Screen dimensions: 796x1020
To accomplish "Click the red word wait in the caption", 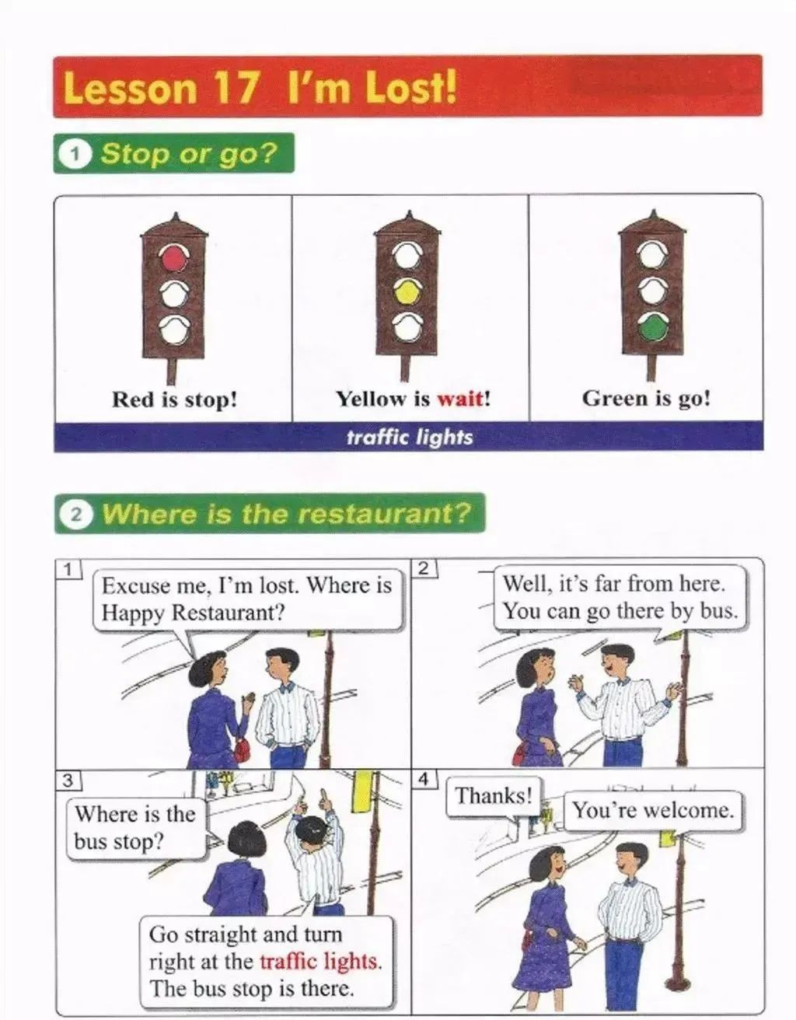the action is (x=460, y=399).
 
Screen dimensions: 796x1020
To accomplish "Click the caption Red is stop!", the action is (x=174, y=400).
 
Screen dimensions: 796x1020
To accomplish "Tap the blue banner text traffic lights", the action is (x=409, y=437).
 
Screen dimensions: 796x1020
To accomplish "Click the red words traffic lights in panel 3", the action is (x=321, y=962).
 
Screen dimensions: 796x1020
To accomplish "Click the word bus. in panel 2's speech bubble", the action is (x=718, y=611).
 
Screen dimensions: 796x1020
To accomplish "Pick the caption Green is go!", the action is (x=646, y=400).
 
